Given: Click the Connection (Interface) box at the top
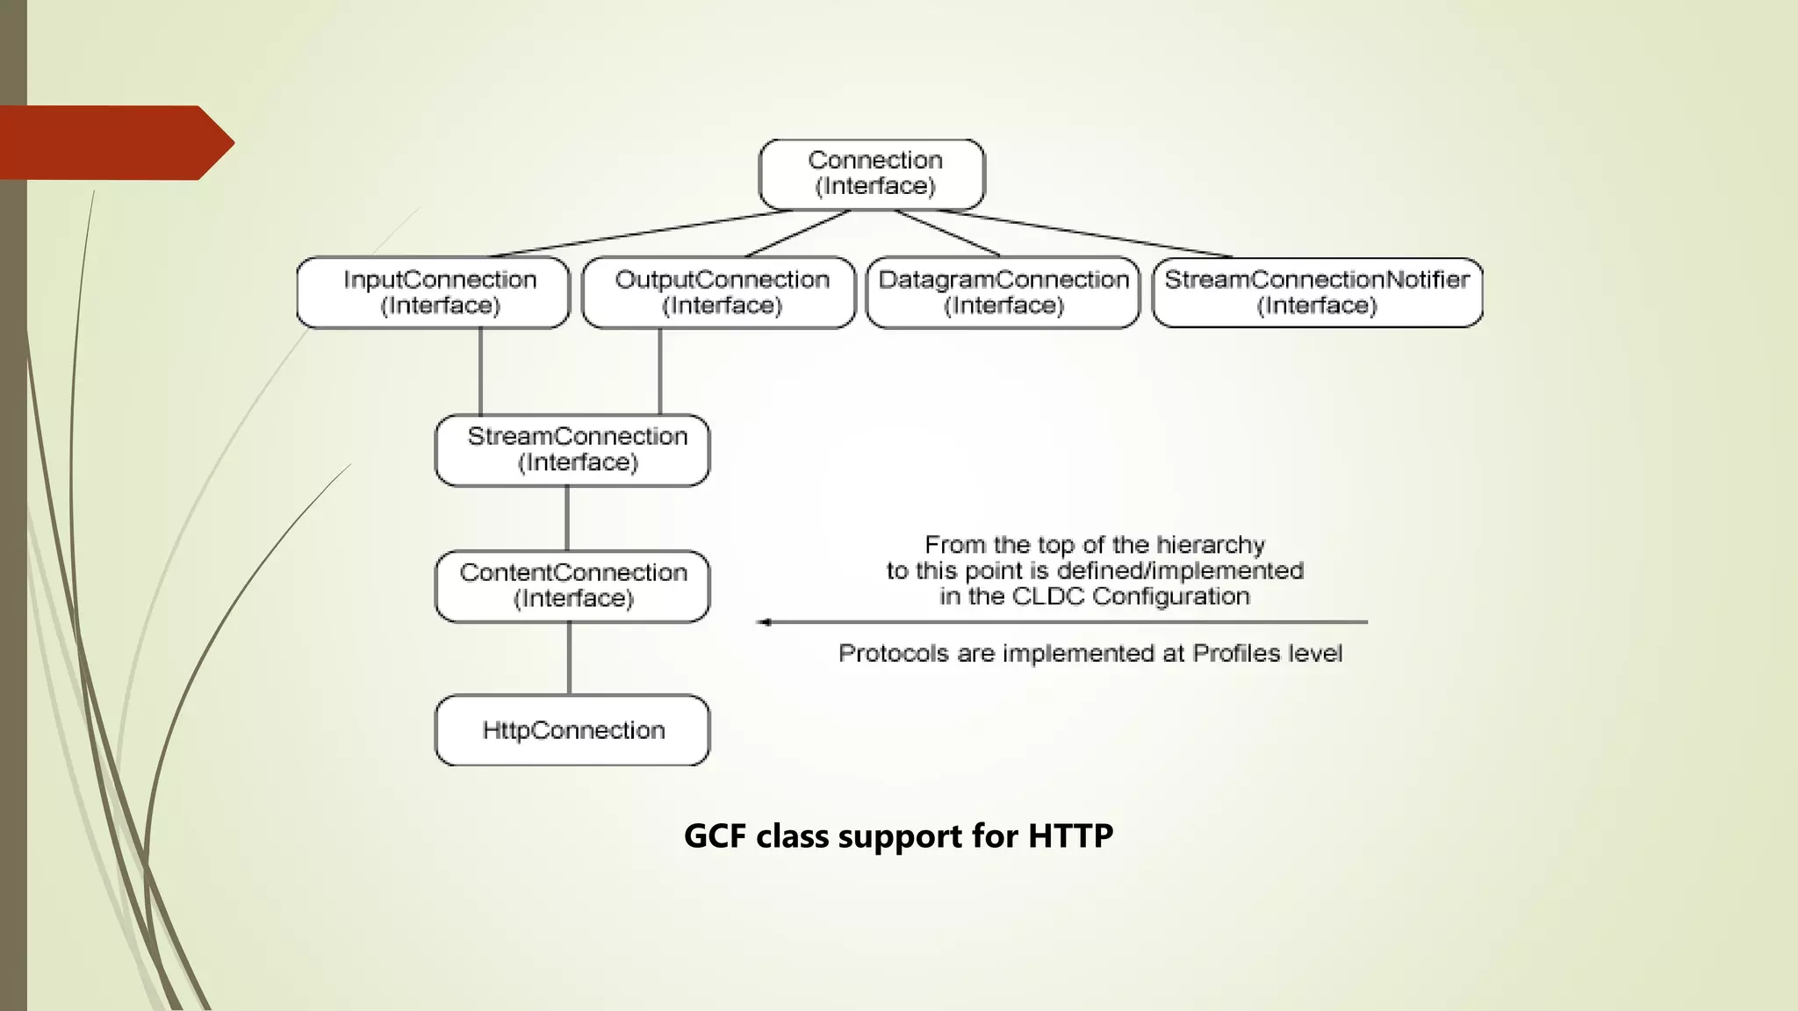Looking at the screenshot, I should pos(872,174).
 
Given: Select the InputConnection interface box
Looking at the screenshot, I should pos(433,292).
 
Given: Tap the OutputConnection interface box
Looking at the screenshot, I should pos(718,292).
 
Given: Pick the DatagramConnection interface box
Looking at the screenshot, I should pos(1003,292).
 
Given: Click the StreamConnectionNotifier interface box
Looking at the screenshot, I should pos(1317,292).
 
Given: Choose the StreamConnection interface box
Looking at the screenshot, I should pos(572,450).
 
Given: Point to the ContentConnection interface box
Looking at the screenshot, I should pos(572,586).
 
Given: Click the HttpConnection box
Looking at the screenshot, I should pos(572,730).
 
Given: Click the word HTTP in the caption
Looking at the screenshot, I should pos(1070,835).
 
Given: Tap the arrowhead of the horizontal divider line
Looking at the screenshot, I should pos(764,622).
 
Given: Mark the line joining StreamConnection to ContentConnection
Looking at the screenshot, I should pos(567,518).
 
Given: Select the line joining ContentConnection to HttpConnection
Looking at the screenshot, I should pos(570,658).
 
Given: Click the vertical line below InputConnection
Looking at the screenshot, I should pos(480,371).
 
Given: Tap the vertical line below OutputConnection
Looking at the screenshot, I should pos(659,371).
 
